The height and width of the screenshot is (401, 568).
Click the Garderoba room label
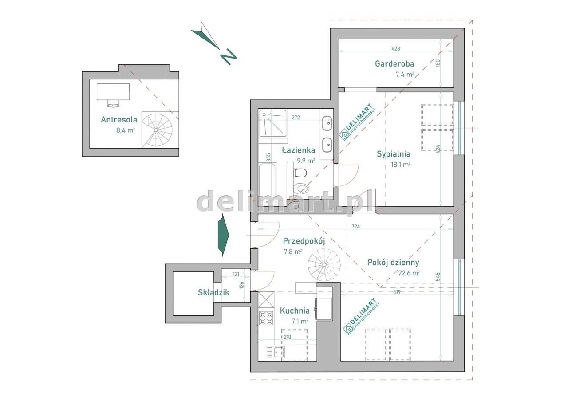click(x=394, y=63)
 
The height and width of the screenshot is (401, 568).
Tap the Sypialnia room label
click(x=393, y=154)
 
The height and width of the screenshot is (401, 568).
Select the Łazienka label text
click(x=299, y=150)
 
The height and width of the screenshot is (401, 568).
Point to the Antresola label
click(x=119, y=119)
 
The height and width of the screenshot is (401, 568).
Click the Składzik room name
click(x=213, y=292)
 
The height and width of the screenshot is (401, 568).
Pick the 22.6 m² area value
click(x=409, y=273)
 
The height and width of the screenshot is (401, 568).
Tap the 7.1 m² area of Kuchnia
click(x=300, y=322)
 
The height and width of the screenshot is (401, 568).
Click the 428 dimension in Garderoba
click(x=395, y=48)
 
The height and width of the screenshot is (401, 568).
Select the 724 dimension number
click(x=355, y=227)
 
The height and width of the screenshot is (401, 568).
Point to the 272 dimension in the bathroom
click(x=296, y=118)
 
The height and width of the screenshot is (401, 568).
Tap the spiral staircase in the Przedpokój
click(x=324, y=265)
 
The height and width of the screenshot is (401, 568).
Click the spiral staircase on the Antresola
click(x=157, y=130)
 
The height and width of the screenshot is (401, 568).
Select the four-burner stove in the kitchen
click(x=266, y=318)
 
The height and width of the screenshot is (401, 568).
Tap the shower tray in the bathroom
click(x=273, y=123)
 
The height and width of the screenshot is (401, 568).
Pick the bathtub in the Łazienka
click(x=268, y=185)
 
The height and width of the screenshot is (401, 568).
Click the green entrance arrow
click(x=223, y=235)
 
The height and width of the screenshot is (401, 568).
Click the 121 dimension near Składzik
click(x=236, y=274)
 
